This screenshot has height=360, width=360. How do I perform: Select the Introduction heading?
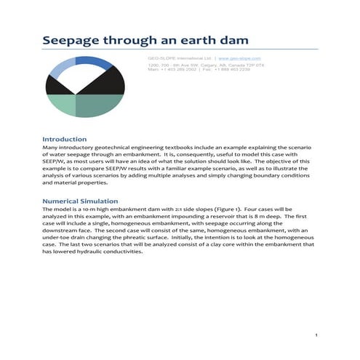pos(65,139)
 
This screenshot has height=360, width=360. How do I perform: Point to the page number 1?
pos(318,335)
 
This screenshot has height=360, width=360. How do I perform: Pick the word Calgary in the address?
pos(203,65)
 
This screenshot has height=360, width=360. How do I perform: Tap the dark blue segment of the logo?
pos(94,63)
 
